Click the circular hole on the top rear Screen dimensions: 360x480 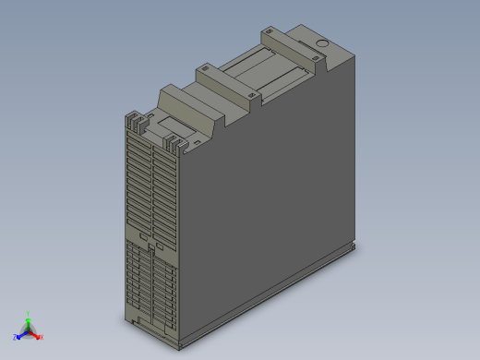pos(322,44)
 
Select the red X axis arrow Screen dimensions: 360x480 pos(36,334)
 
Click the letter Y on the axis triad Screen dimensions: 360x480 pos(28,313)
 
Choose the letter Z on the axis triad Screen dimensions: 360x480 pos(15,337)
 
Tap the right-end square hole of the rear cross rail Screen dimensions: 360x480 pos(317,58)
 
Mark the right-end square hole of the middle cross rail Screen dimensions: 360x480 pos(252,94)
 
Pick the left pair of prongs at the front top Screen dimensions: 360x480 pos(136,120)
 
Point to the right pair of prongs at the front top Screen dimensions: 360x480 pos(174,143)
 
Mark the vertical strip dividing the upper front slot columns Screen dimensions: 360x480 pos(150,185)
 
